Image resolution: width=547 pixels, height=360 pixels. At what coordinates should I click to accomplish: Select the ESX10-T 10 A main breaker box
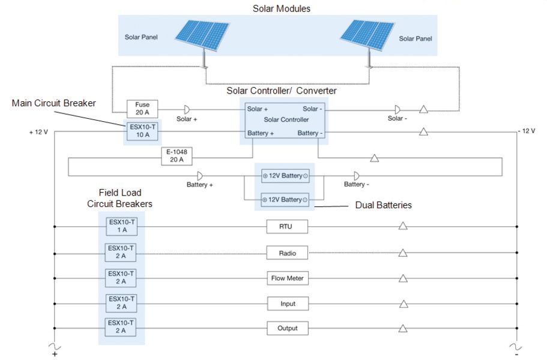[142, 131]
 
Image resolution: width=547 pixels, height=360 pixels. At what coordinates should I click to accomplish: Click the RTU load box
[286, 227]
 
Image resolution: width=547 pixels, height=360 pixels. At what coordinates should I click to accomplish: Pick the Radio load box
[286, 253]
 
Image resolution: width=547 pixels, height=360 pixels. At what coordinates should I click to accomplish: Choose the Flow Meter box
[286, 278]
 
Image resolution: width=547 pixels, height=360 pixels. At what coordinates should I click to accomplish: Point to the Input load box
[286, 304]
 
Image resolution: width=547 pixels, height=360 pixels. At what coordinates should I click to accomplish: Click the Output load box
[286, 329]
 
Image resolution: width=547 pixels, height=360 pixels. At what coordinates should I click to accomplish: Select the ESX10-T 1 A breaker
[121, 226]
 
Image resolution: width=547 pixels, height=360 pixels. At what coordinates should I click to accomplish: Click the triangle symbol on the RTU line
[403, 226]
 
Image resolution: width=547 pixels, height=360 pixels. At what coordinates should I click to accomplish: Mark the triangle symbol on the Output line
[403, 328]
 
